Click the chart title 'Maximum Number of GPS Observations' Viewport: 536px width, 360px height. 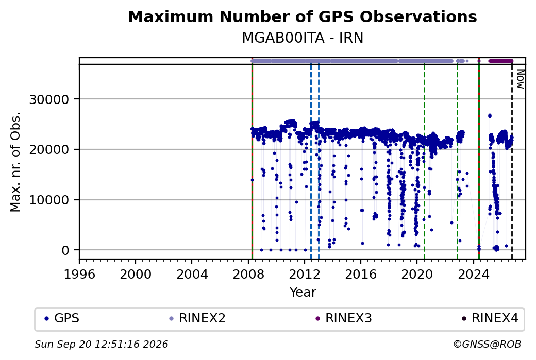click(x=303, y=16)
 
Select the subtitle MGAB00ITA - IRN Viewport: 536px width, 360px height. click(x=303, y=38)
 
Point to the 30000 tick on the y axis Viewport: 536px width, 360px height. click(x=49, y=100)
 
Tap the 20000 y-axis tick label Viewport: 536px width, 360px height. click(x=49, y=150)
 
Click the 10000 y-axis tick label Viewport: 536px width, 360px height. click(x=49, y=200)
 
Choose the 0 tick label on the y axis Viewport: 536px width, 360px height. click(x=65, y=250)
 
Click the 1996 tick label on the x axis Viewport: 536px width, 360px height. click(x=79, y=275)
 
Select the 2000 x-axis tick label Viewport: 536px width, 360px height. click(x=136, y=275)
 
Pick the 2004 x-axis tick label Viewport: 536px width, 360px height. click(x=192, y=275)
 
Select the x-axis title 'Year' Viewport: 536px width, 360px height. click(x=303, y=293)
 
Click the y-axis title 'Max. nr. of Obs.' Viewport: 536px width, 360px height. click(x=15, y=162)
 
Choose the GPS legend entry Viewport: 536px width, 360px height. click(x=62, y=318)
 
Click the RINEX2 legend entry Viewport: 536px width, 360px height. click(x=197, y=318)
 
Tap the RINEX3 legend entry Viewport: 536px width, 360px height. click(x=344, y=318)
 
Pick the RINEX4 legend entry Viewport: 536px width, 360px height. click(x=490, y=318)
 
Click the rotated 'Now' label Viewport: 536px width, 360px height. click(x=520, y=79)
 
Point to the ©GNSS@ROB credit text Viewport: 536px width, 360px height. click(x=487, y=344)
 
